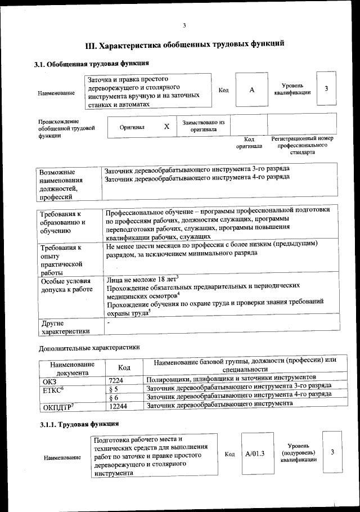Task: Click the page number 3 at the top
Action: coord(184,25)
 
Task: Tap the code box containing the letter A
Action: coord(251,91)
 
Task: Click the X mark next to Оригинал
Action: coord(166,127)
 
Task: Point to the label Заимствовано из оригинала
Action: coord(203,125)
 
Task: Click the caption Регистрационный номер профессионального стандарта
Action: coord(302,145)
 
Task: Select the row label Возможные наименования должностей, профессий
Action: coord(61,184)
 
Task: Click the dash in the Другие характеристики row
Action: coord(108,323)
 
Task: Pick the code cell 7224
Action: coord(115,380)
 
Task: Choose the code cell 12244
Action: coord(118,406)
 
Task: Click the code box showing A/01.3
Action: coord(255,453)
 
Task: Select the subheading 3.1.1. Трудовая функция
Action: coord(79,423)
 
